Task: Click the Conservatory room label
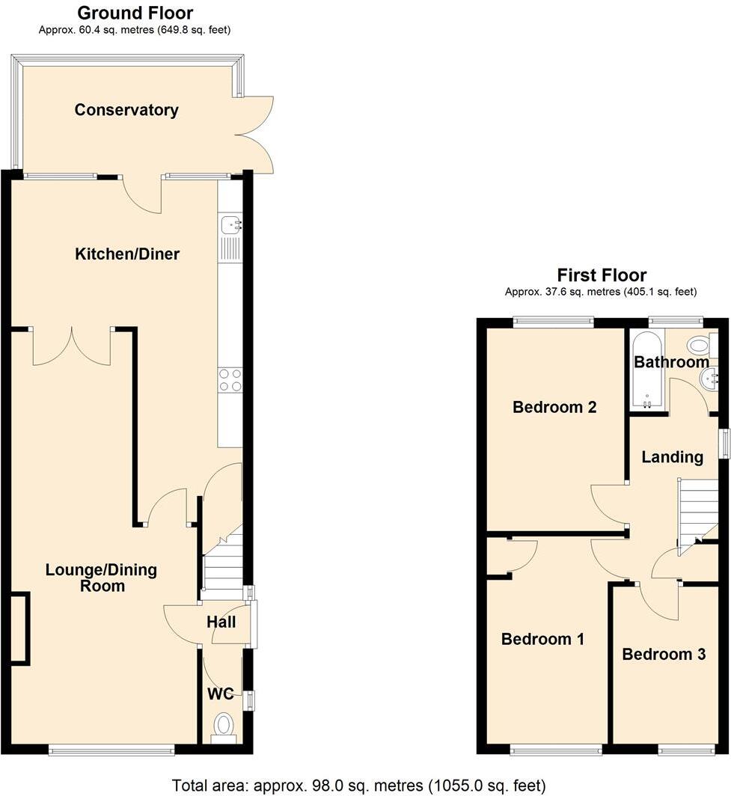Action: (126, 110)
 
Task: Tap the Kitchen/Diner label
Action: (127, 254)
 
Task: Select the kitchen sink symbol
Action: (230, 222)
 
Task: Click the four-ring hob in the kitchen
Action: (230, 380)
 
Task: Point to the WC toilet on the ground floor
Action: (224, 725)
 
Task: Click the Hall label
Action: (221, 622)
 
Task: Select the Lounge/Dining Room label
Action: (102, 578)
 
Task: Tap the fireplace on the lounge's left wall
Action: (19, 628)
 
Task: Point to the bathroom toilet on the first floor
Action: (699, 346)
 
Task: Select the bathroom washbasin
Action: (708, 380)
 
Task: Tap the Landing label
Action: (673, 457)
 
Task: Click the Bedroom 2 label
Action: (554, 408)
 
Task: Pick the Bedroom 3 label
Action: (664, 655)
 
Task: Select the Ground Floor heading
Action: (135, 13)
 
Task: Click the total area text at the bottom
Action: (358, 786)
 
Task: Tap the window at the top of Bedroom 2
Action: (553, 322)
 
